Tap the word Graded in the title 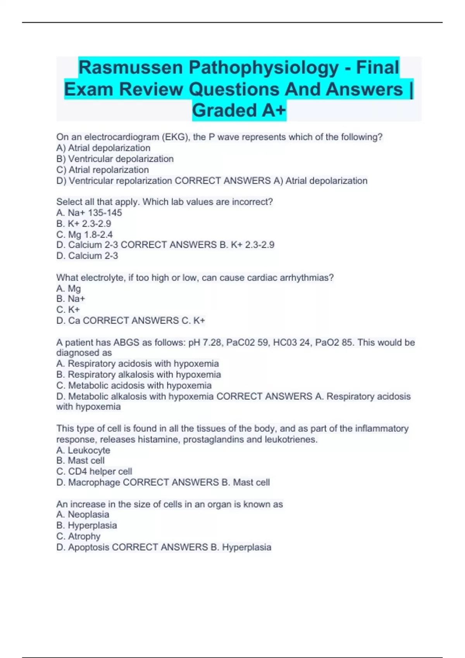(x=224, y=110)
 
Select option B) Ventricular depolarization (x=115, y=159)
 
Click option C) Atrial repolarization (x=102, y=170)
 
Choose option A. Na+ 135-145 (x=89, y=212)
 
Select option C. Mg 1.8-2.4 (x=84, y=235)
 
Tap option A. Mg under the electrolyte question (x=69, y=288)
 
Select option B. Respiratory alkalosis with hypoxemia (x=138, y=375)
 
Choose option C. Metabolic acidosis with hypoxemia (x=134, y=386)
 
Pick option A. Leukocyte (x=83, y=451)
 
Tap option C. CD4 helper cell (x=94, y=471)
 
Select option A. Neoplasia (x=83, y=514)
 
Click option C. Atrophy (x=78, y=536)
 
